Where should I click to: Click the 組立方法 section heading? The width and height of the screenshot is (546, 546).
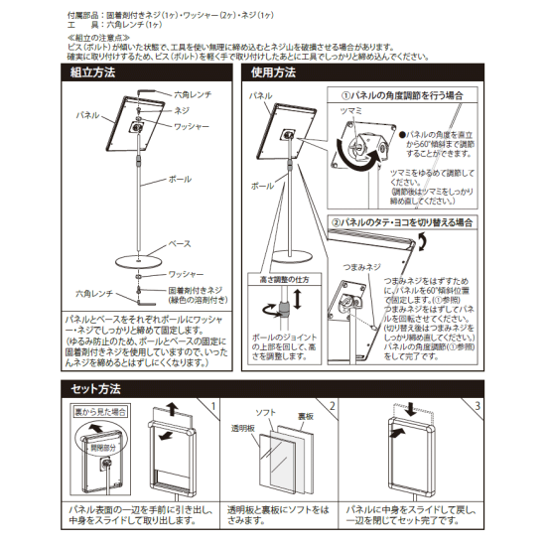(x=93, y=73)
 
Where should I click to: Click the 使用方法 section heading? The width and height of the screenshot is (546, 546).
(x=274, y=73)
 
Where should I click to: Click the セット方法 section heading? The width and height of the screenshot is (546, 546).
(x=96, y=388)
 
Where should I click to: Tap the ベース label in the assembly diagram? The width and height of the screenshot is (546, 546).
(x=178, y=242)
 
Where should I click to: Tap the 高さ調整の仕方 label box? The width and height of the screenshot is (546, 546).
(x=283, y=282)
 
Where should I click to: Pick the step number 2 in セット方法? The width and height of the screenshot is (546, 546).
(x=333, y=406)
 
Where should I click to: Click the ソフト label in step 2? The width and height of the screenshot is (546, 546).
(x=266, y=412)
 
